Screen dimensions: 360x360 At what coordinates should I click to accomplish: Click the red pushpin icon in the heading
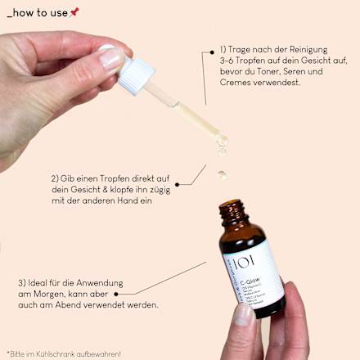click(x=75, y=11)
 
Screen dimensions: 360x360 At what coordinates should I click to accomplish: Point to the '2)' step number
click(x=56, y=178)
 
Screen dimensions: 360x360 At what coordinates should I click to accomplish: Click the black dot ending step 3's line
click(x=117, y=293)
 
